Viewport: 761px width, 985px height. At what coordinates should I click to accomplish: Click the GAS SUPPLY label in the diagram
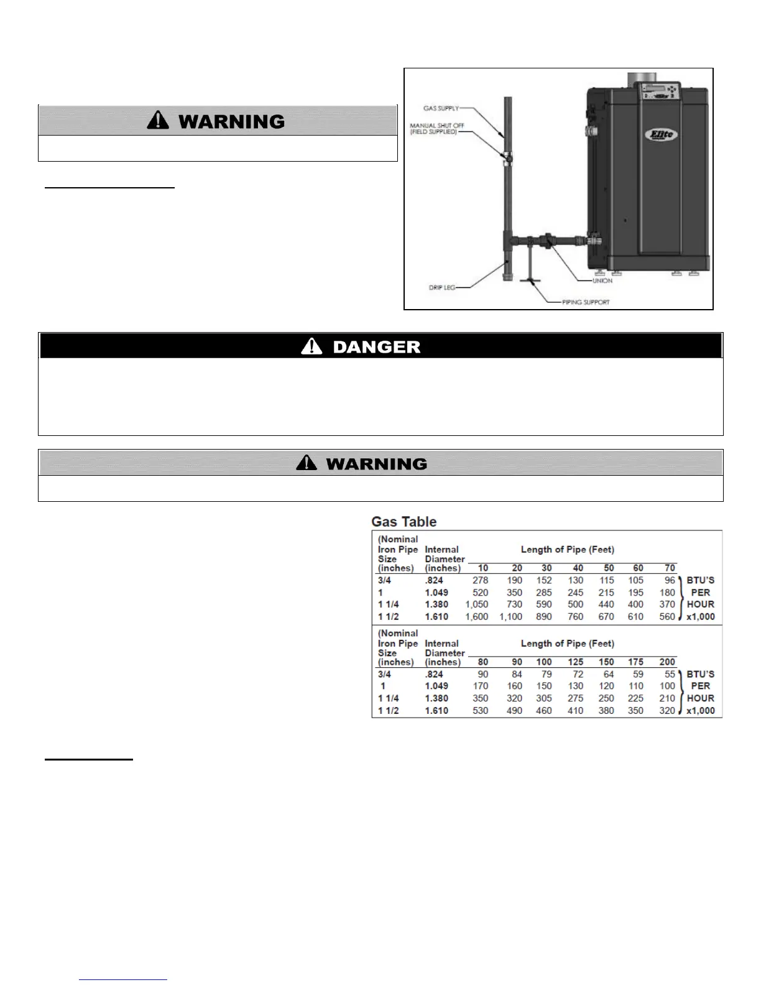coord(441,108)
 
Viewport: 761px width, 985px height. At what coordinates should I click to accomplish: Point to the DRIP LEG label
coord(442,288)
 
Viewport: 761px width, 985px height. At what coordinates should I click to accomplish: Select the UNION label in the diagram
coord(602,280)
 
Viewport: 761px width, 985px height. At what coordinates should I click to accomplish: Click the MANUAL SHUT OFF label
coord(436,129)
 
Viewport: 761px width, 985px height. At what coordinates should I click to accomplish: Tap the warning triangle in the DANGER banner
coord(311,346)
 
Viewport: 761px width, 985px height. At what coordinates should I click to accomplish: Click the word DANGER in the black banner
coord(376,347)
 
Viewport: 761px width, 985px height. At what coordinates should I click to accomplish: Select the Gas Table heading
coord(404,522)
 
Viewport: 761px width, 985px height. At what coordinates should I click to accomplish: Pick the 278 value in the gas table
coord(480,580)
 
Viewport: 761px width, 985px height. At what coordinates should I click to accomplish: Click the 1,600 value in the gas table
coord(477,617)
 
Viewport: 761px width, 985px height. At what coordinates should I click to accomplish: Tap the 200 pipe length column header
coord(667,662)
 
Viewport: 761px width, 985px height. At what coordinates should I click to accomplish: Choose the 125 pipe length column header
coord(576,662)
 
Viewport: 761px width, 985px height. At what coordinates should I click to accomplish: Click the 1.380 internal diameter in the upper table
coord(436,604)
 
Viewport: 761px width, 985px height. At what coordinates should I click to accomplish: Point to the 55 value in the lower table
coord(670,674)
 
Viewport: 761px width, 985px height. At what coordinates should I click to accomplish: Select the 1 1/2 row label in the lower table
coord(389,711)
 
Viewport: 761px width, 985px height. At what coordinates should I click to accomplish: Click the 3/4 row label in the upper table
coord(385,580)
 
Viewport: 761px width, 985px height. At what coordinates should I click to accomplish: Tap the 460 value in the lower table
coord(544,711)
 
